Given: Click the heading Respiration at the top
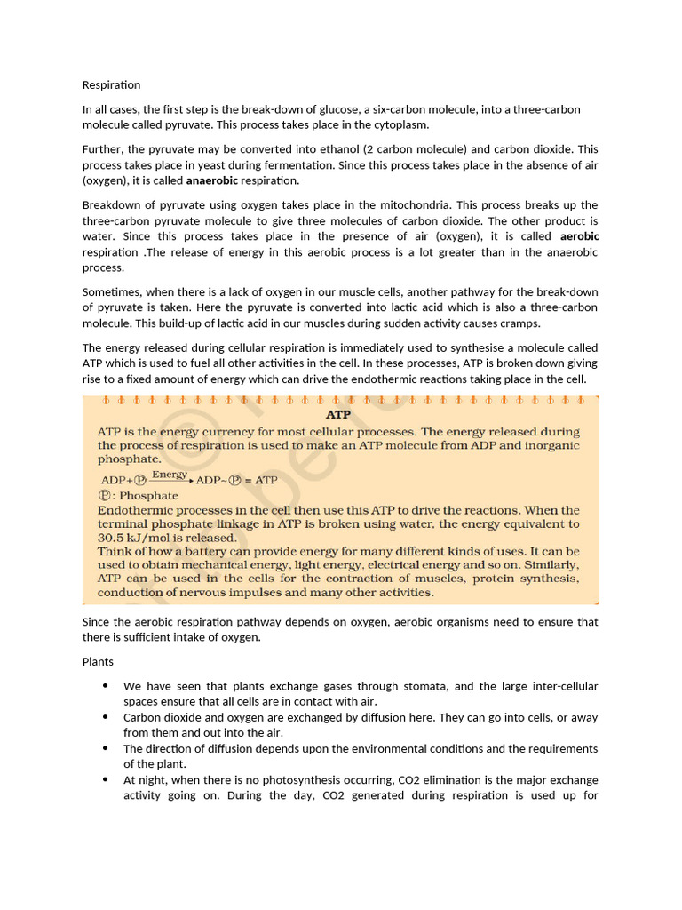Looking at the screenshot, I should (111, 85).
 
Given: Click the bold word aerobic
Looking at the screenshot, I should (579, 236).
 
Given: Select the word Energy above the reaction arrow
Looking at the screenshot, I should (170, 475).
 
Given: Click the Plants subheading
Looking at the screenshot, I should (98, 662).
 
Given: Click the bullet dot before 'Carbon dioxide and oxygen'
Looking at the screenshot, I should (106, 716).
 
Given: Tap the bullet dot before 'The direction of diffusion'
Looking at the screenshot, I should (106, 748).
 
